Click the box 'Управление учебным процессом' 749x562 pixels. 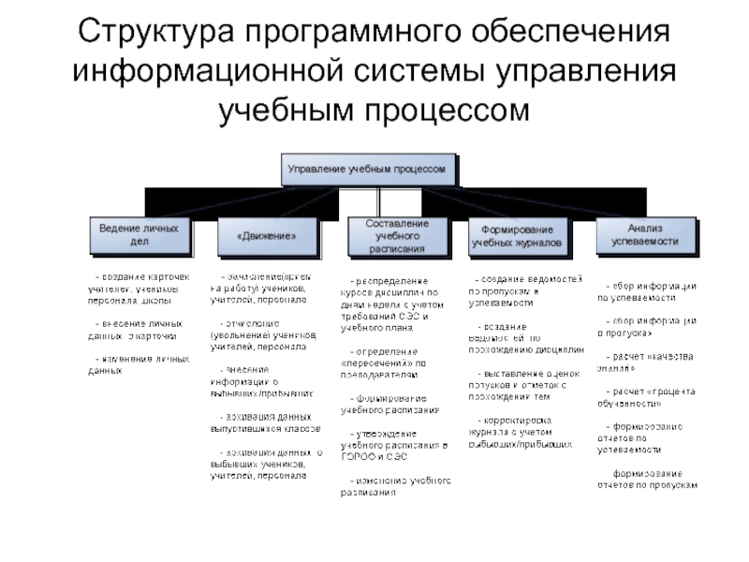[x=372, y=169]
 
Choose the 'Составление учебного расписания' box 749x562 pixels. [x=398, y=236]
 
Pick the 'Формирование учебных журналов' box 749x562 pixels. [x=518, y=235]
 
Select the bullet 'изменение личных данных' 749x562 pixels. [x=138, y=365]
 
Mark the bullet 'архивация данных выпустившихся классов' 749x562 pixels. [x=267, y=421]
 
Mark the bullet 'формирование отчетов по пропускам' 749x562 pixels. [x=648, y=479]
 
